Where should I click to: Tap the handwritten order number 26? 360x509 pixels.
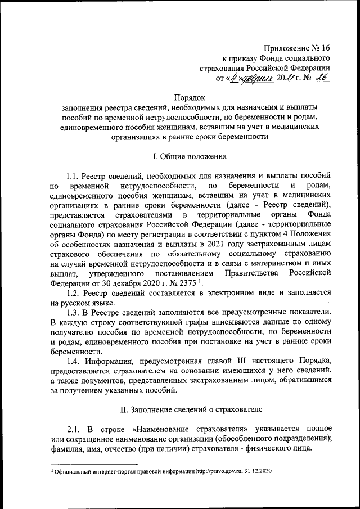click(322, 80)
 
